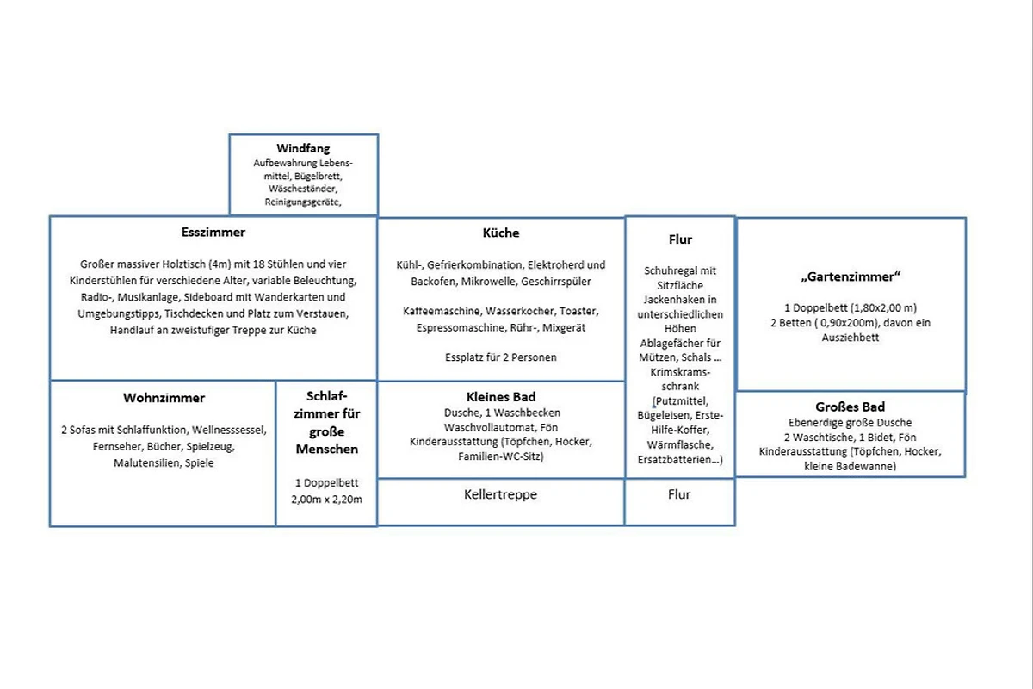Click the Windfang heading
tap(303, 148)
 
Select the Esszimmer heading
tap(213, 232)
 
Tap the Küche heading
tap(501, 233)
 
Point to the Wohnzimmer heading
tap(164, 398)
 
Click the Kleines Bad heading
tap(501, 397)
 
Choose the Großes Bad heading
tap(850, 407)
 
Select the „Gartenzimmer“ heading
tap(851, 276)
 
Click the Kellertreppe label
tap(500, 494)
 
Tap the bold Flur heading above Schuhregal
tap(680, 239)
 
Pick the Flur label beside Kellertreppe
tap(679, 494)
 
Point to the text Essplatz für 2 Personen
tap(501, 357)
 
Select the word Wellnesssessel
tap(229, 430)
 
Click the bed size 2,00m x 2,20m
tap(326, 500)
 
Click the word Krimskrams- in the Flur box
tap(680, 372)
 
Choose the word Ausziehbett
tap(851, 338)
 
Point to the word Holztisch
tap(183, 264)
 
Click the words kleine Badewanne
tap(850, 466)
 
